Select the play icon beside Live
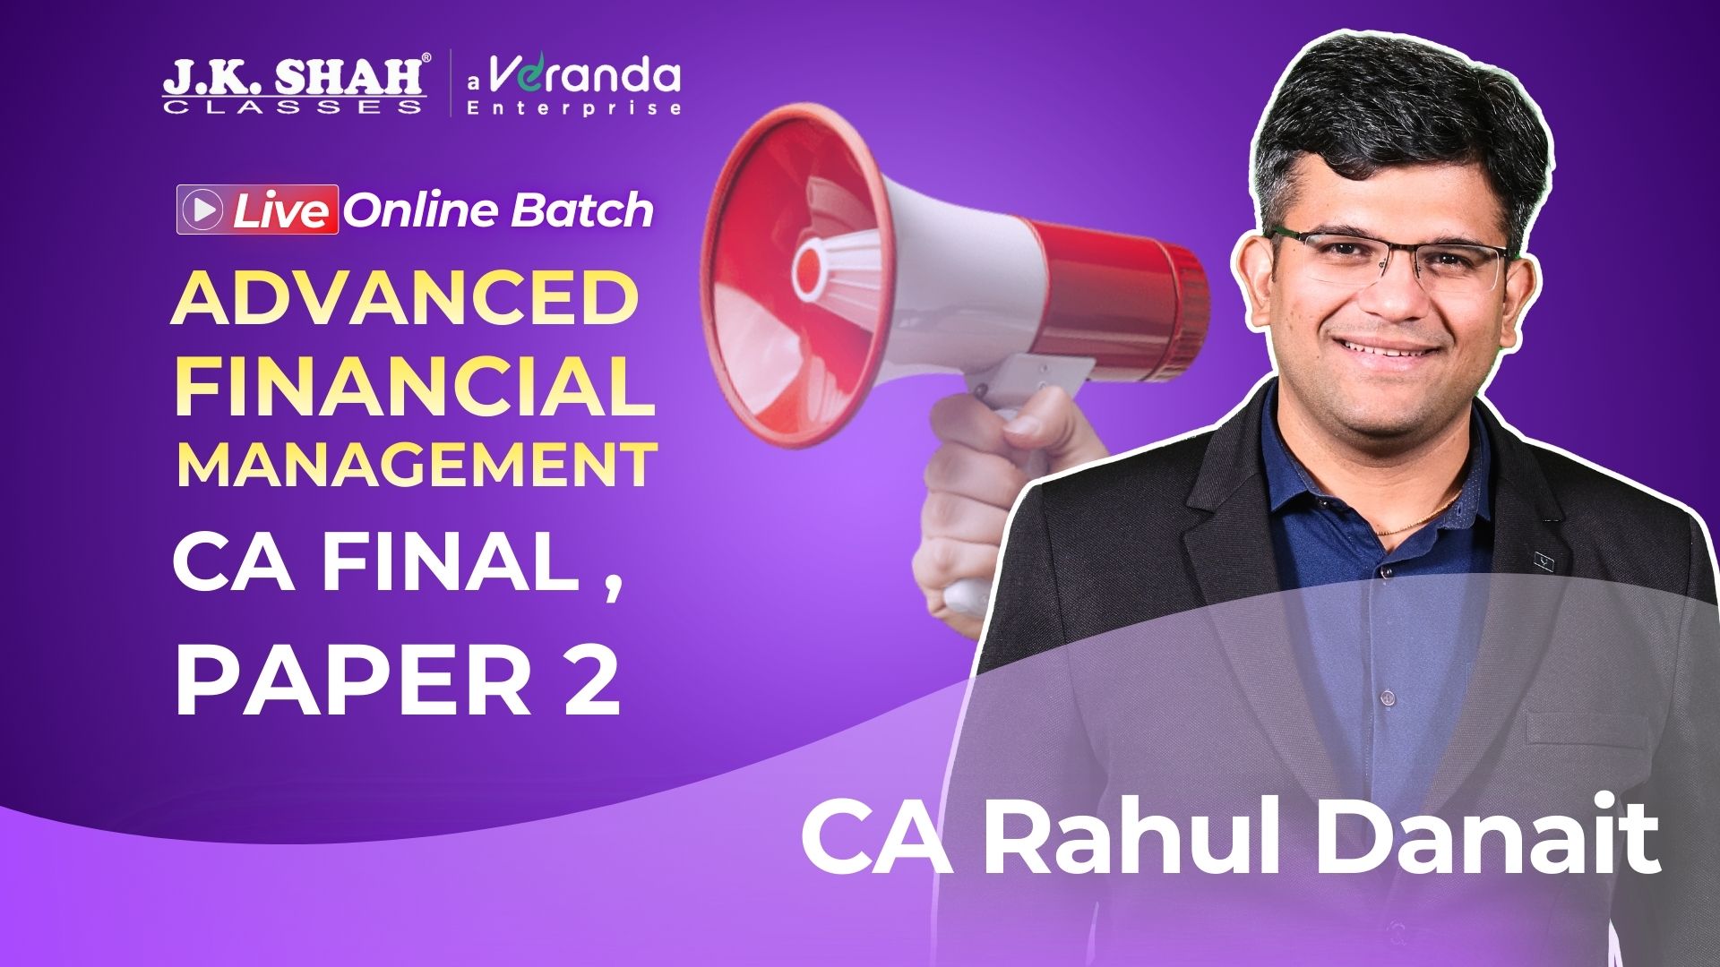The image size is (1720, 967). point(203,210)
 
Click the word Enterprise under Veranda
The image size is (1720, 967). point(574,108)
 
